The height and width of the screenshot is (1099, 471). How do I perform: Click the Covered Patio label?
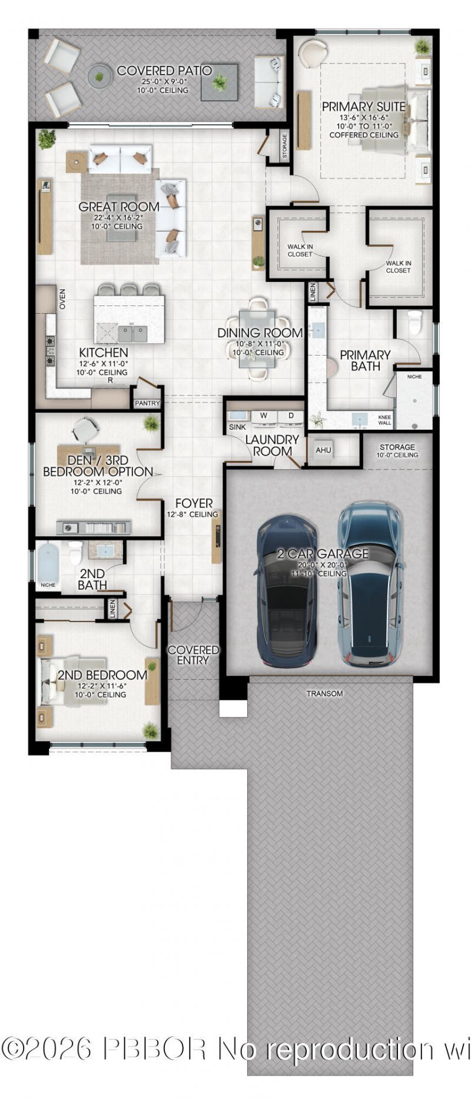pos(164,71)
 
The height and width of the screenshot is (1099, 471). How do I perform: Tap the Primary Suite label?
pos(363,107)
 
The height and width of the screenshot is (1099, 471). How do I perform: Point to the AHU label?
pos(323,450)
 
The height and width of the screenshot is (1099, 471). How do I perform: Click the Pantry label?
pos(147,403)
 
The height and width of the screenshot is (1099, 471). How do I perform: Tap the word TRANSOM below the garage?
pos(324,694)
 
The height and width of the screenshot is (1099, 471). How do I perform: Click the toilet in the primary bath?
pos(415,322)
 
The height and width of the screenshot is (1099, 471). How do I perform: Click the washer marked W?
pos(264,416)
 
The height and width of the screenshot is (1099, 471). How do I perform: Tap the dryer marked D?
pos(290,416)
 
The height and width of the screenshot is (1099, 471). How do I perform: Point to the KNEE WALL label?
pos(384,420)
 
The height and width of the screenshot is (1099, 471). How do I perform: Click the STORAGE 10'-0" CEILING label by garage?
pos(397,451)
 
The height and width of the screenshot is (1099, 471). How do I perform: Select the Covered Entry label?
pos(193,655)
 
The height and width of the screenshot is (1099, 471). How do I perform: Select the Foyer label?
pos(194,503)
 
